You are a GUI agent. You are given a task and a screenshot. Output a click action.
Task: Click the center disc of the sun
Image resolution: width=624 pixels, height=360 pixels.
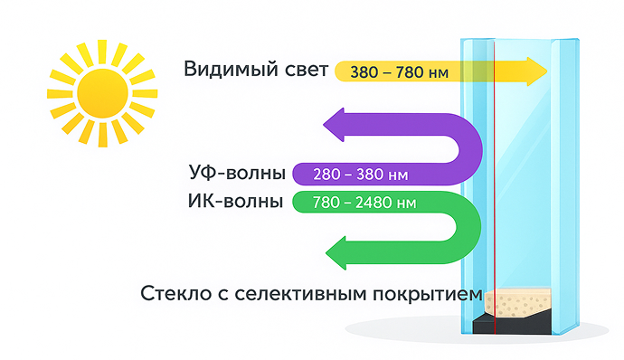(103, 93)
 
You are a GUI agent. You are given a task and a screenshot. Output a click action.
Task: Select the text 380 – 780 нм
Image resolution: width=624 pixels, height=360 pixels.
(399, 72)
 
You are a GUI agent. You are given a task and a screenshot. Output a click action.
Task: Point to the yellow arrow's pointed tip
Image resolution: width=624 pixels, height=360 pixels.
(548, 71)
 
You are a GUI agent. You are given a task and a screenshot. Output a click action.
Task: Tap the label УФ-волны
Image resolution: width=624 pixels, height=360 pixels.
(237, 173)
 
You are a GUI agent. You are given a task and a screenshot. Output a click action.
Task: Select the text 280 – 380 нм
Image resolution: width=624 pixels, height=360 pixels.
(361, 175)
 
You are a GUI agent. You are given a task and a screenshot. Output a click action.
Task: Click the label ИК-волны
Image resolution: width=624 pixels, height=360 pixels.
(236, 201)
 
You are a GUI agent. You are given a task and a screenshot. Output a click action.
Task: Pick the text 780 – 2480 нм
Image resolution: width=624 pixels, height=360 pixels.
(364, 203)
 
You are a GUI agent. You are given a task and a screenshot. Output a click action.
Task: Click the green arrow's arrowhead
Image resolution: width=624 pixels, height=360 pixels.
(336, 253)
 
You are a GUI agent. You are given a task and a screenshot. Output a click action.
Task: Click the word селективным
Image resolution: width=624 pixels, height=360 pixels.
(300, 293)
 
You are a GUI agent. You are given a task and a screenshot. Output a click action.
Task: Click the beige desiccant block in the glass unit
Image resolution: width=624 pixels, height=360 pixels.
(517, 302)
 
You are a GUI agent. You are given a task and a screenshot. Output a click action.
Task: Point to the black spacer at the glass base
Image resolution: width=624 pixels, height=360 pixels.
(513, 323)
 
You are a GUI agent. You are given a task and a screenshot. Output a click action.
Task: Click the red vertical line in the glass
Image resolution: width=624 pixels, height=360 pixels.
(495, 186)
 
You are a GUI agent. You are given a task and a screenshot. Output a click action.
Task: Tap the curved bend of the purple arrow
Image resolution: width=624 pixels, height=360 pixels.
(469, 149)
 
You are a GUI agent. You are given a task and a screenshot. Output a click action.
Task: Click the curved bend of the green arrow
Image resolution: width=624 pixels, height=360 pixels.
(468, 227)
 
